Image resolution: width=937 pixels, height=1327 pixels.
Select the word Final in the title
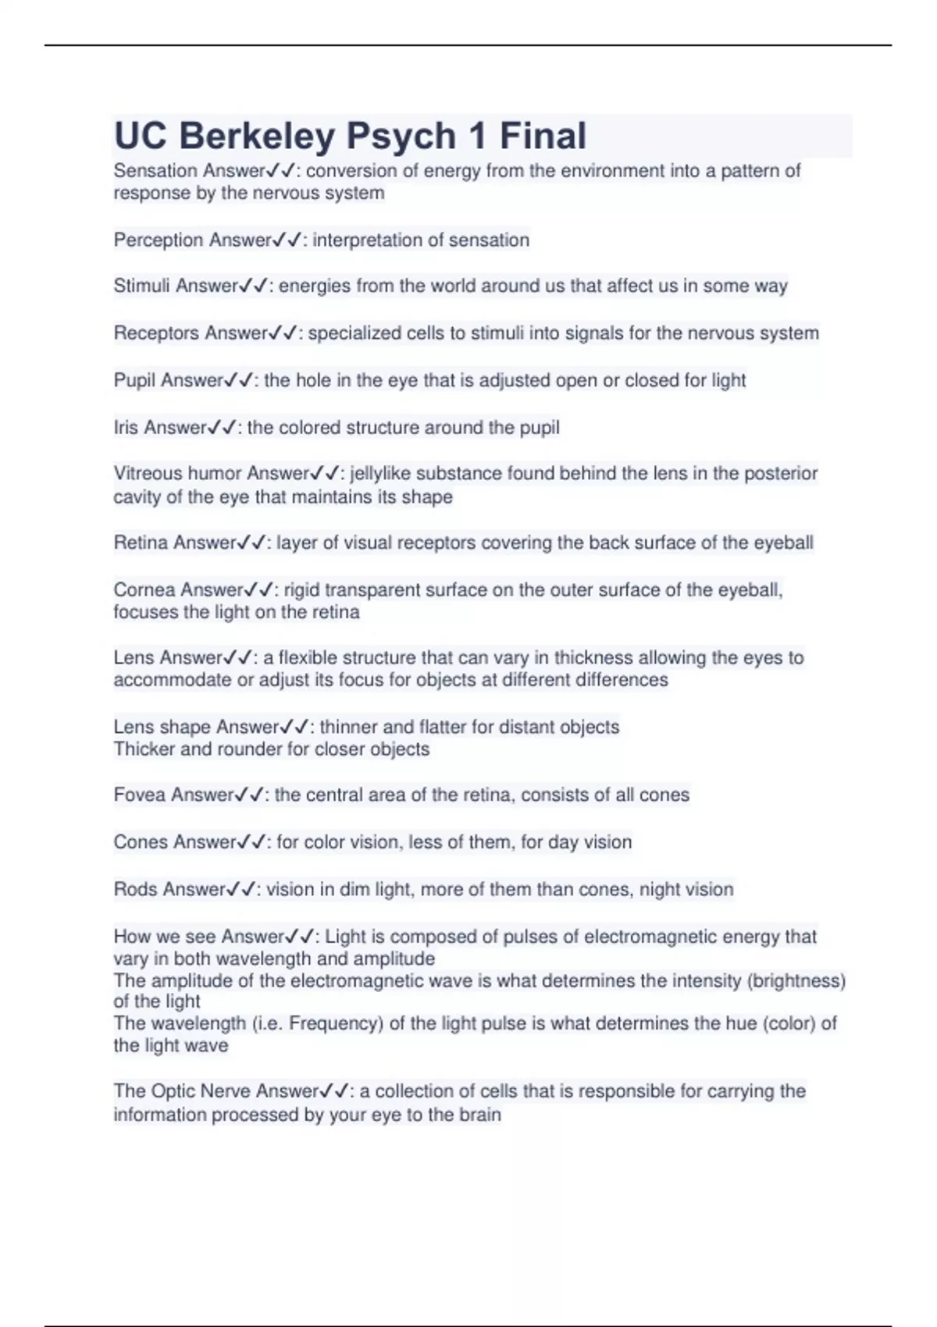click(x=543, y=137)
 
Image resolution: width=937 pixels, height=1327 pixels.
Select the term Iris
click(x=126, y=428)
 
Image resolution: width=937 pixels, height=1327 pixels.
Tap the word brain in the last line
click(x=479, y=1115)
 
